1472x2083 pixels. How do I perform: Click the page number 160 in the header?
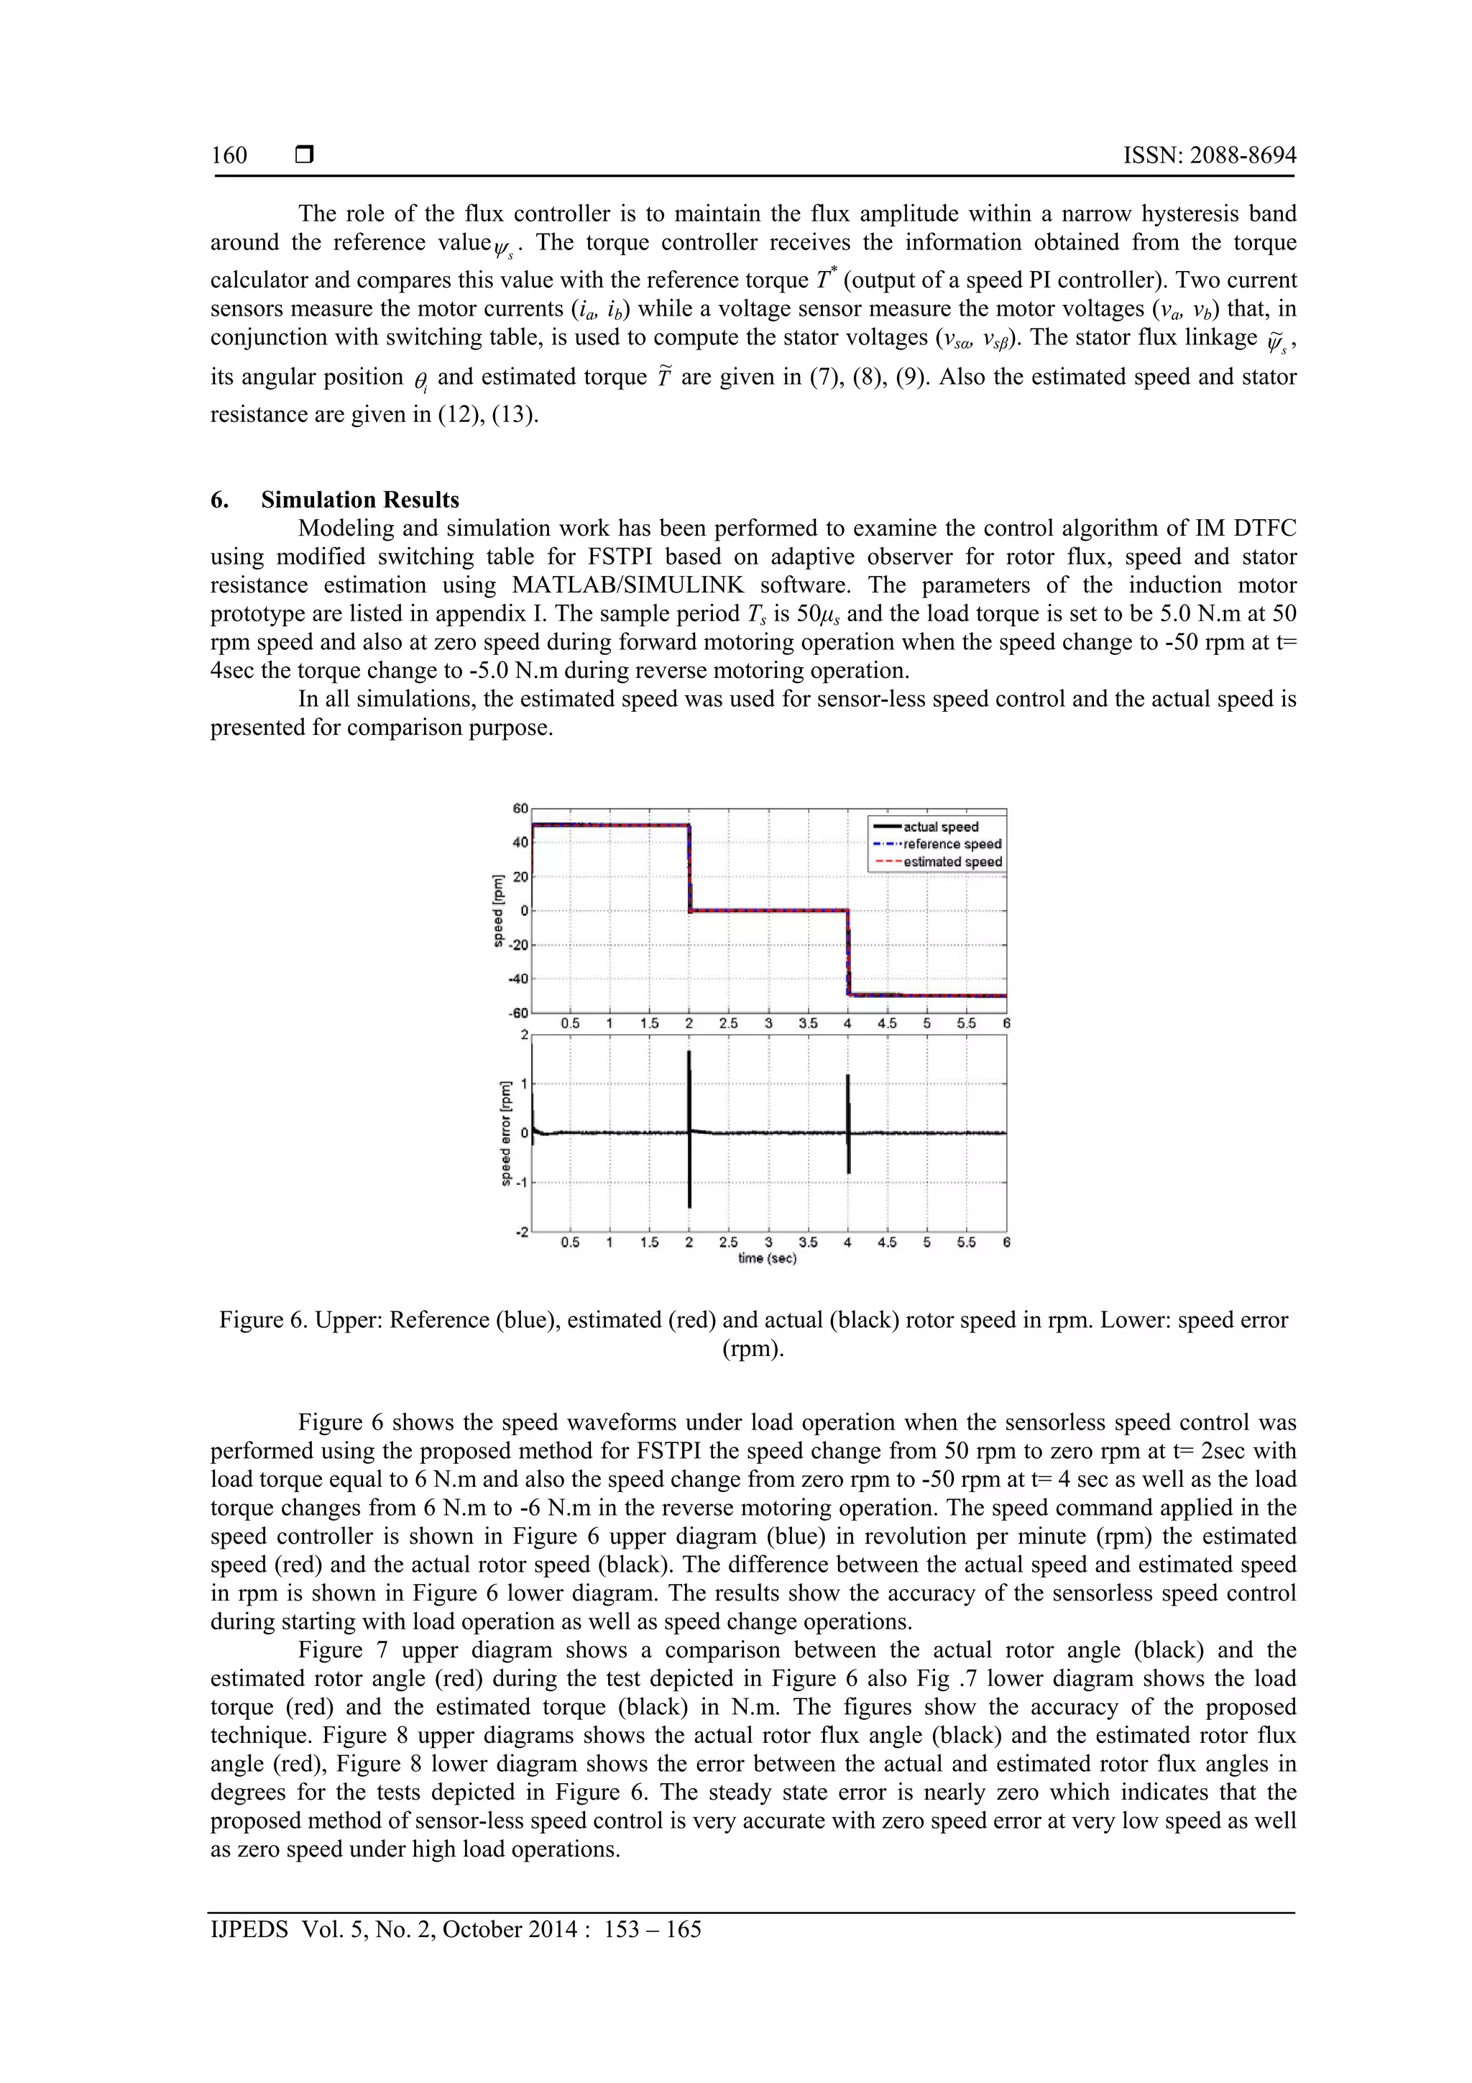tap(229, 155)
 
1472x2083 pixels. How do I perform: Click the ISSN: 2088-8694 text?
tap(1209, 155)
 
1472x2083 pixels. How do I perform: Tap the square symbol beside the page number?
tap(305, 155)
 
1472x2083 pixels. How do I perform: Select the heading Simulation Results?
tap(360, 500)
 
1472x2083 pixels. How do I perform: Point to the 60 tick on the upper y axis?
tap(520, 808)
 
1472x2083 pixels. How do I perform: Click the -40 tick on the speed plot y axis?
tap(518, 979)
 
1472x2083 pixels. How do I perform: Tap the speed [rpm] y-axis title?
tap(498, 911)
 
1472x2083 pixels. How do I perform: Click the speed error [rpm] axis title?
tap(505, 1133)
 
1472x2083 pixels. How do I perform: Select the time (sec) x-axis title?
tap(768, 1258)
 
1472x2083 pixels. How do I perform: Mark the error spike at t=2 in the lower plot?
tap(689, 1130)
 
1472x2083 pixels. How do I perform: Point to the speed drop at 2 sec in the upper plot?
tap(689, 867)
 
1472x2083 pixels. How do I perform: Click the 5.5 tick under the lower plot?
tap(966, 1242)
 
